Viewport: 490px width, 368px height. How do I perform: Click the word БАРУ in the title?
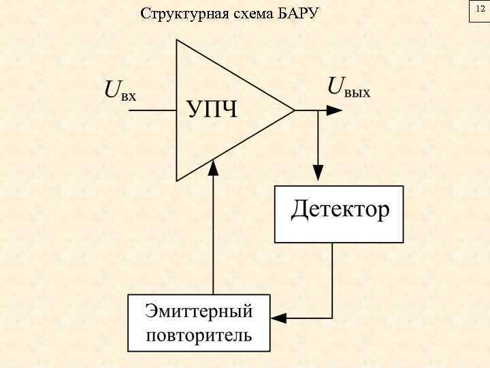(298, 14)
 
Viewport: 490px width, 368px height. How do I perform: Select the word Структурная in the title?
(180, 14)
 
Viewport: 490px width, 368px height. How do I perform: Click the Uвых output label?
(350, 88)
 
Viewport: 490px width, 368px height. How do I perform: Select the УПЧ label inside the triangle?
(212, 109)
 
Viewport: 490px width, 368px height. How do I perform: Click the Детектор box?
(338, 213)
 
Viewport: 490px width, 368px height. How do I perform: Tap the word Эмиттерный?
(199, 313)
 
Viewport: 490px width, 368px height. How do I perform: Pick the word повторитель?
(199, 335)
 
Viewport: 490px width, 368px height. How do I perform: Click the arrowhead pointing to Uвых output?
(333, 110)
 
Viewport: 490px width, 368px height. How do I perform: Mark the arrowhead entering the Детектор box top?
(316, 177)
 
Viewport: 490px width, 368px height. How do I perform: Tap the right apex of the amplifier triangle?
(294, 110)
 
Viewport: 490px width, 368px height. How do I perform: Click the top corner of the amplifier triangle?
(177, 40)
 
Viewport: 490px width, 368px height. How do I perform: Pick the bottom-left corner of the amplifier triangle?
(177, 181)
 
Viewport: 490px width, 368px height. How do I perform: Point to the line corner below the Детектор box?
(332, 318)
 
